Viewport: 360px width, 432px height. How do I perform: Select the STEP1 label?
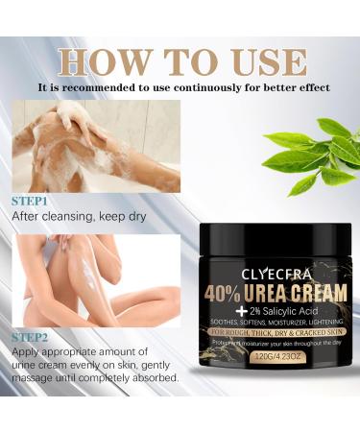tap(32, 203)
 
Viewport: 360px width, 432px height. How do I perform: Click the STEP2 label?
tap(32, 339)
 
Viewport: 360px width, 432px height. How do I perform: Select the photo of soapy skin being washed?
tap(96, 144)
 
